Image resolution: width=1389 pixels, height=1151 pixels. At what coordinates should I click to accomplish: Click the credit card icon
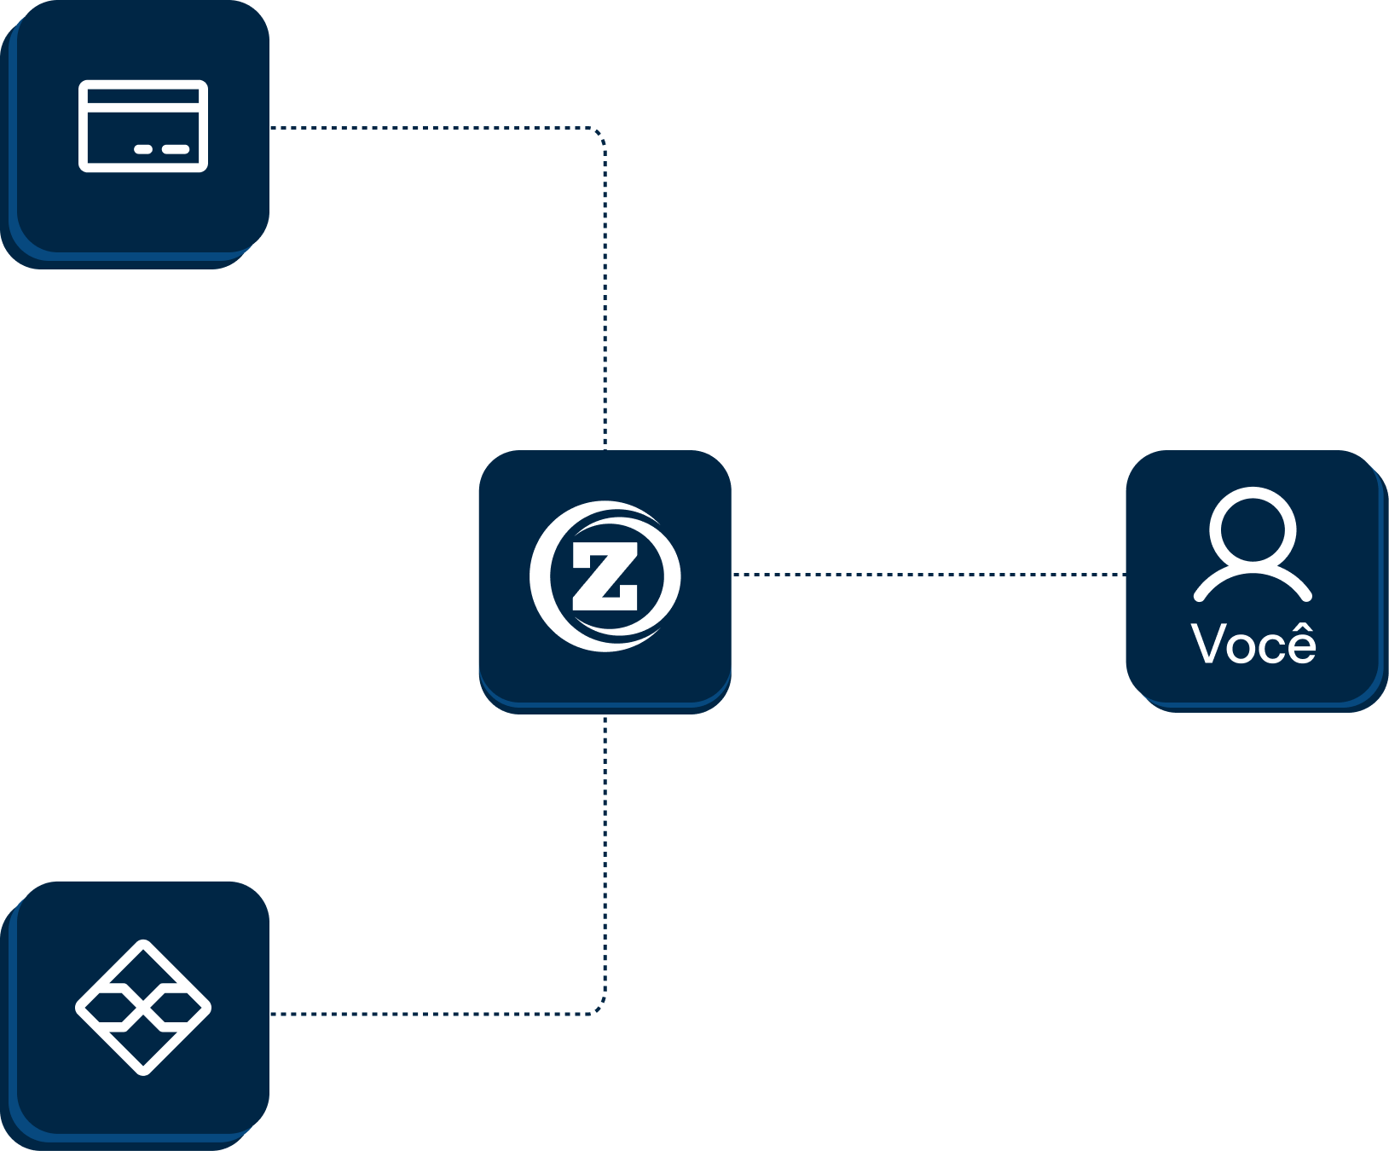[x=143, y=126]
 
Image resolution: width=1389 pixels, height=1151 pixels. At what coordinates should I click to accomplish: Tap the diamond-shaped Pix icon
[x=143, y=1007]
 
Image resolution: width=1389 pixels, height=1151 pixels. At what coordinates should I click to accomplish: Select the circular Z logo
[x=605, y=576]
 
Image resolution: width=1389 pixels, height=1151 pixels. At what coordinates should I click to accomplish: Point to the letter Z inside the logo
[x=605, y=577]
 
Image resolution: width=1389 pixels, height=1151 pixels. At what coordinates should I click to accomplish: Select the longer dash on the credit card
[x=176, y=149]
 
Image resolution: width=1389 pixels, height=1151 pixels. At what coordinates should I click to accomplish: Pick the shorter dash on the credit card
[x=143, y=149]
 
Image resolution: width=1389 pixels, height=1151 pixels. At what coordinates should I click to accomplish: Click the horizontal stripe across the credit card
[x=143, y=109]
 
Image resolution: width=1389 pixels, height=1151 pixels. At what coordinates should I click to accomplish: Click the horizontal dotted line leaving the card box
[x=426, y=128]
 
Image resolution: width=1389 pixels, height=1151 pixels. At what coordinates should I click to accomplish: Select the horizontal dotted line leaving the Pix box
[x=426, y=1014]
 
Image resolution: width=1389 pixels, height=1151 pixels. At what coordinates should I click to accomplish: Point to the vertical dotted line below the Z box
[x=605, y=853]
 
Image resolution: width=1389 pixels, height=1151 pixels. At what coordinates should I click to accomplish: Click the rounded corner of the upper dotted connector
[x=600, y=133]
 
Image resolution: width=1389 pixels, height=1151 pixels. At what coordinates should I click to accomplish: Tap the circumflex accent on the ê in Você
[x=1300, y=629]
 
